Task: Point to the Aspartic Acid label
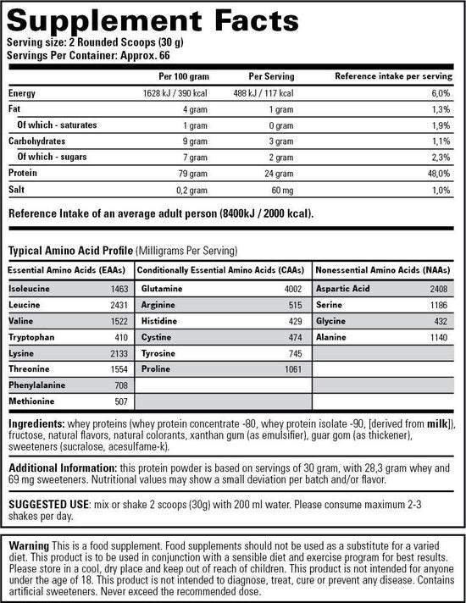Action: (x=343, y=290)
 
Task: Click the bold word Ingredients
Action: (x=36, y=423)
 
